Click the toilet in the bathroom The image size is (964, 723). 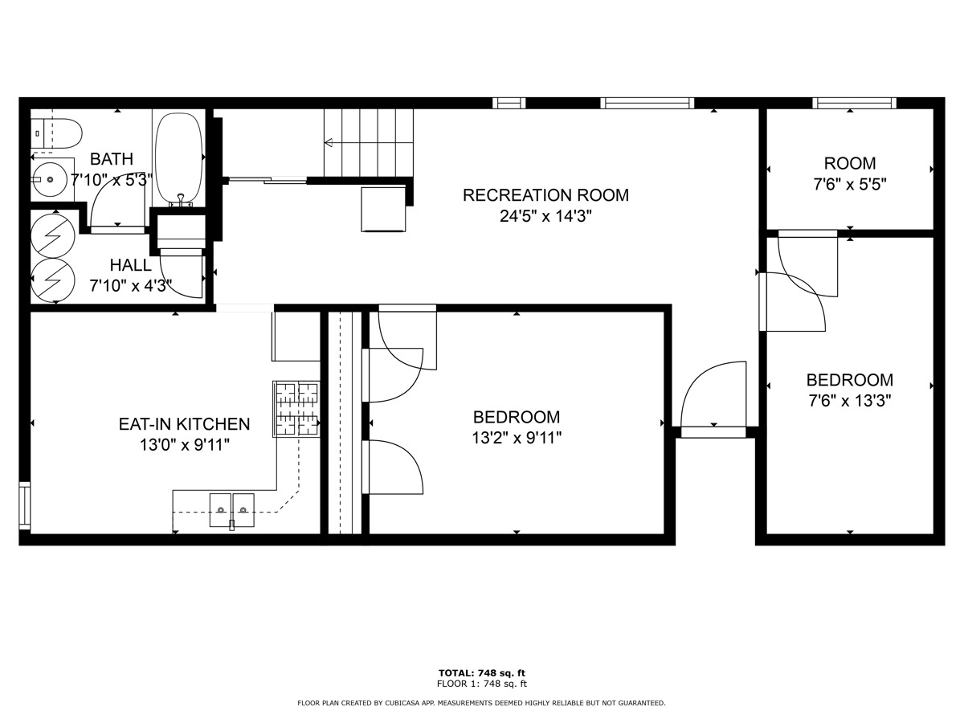pos(58,133)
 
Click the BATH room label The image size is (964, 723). pos(112,159)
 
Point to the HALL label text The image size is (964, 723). pos(130,265)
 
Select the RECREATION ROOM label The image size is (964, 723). pos(545,195)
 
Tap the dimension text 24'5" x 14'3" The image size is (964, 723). pos(545,216)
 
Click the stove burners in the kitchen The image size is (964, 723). pos(296,409)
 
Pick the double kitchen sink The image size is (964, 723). pos(232,509)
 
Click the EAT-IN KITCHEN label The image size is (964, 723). pos(184,424)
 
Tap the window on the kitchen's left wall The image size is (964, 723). pos(24,506)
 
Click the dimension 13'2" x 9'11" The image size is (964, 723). pos(517,438)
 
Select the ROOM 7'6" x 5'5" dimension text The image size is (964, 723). pos(850,184)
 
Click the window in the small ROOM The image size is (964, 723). pos(854,103)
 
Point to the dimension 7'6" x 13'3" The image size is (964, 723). pos(850,399)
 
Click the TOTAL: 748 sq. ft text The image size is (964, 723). pos(482,672)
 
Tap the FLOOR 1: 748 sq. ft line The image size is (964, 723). pos(482,684)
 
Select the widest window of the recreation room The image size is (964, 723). pos(647,103)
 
